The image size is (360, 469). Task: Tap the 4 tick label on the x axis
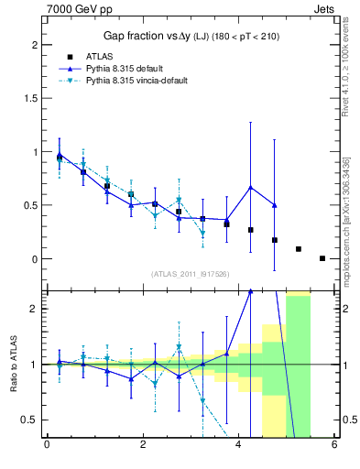[x=238, y=446]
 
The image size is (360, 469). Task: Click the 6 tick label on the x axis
[x=334, y=446]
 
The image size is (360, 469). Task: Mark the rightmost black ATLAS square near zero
[x=322, y=258]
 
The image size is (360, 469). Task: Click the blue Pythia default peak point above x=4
[x=250, y=188]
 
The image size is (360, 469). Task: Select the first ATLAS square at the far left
[x=60, y=158]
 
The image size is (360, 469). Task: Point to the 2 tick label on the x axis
[x=142, y=446]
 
